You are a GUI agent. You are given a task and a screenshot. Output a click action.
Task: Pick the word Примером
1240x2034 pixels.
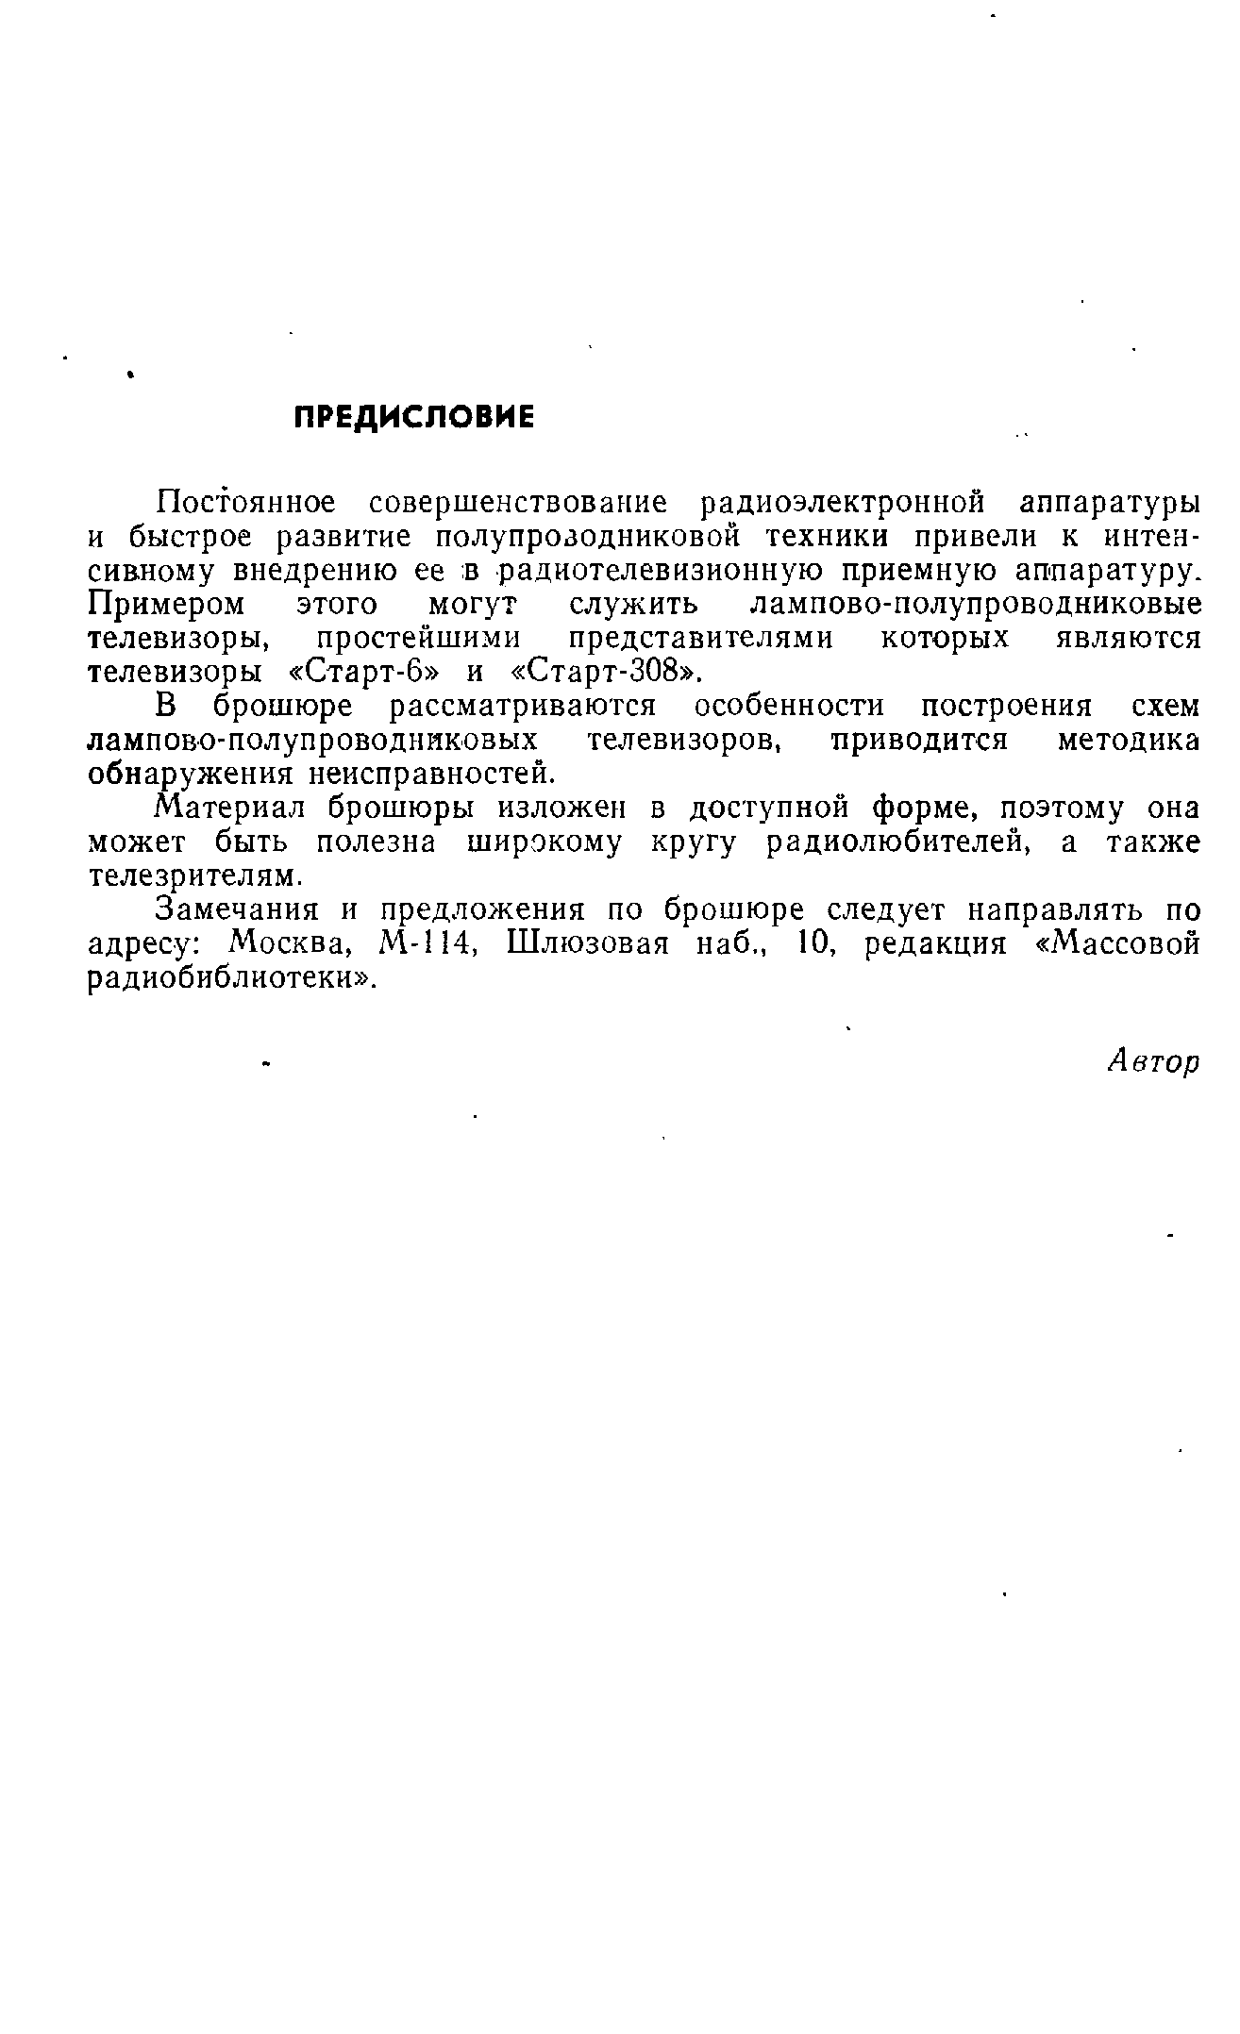pyautogui.click(x=166, y=604)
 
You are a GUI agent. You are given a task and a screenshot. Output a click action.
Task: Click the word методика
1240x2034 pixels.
pyautogui.click(x=1127, y=741)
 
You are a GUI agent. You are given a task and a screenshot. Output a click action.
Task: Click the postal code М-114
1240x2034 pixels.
pyautogui.click(x=423, y=944)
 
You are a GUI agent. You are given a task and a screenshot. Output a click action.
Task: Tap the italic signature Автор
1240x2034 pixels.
pyautogui.click(x=1152, y=1062)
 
